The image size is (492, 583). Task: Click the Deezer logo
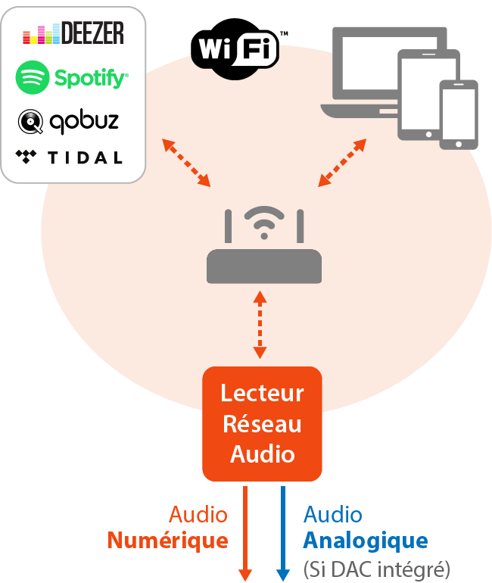coord(73,33)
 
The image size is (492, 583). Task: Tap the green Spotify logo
coord(72,76)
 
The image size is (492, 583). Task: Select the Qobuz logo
coord(69,120)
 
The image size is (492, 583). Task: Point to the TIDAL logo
coord(69,157)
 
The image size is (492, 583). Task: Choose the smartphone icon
coord(459,114)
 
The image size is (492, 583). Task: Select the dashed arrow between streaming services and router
coord(186,163)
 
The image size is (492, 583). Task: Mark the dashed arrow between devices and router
coord(343,162)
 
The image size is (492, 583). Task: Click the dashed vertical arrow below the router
coord(260,324)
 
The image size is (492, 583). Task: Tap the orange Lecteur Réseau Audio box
coord(262,423)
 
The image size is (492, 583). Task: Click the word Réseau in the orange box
coord(262,423)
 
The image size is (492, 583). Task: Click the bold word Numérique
coord(167,541)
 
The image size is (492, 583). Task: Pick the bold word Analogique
coord(366,541)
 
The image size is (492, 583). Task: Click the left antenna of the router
coord(227,226)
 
